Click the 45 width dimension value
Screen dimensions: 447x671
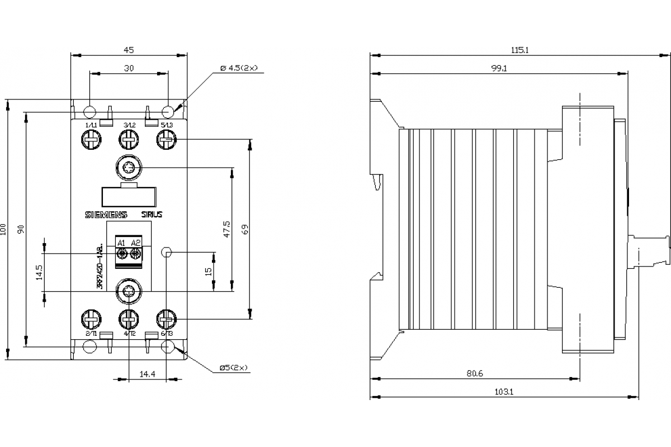click(x=128, y=50)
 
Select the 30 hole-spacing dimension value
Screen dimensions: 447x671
click(x=128, y=68)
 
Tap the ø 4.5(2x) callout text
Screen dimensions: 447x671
click(x=239, y=68)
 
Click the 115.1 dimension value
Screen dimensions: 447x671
click(x=519, y=50)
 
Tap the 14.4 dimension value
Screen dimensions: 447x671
click(x=147, y=373)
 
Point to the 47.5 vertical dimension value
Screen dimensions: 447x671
click(x=226, y=229)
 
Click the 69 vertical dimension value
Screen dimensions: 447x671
click(x=244, y=229)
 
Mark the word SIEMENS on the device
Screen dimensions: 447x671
click(x=106, y=215)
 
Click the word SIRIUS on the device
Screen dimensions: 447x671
click(x=151, y=215)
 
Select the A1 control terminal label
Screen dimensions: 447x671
click(x=120, y=242)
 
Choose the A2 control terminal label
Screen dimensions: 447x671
click(x=135, y=242)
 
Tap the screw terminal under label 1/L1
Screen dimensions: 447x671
click(x=91, y=138)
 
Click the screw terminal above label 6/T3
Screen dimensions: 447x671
click(x=167, y=320)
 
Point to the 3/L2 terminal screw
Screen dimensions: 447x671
click(x=129, y=138)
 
